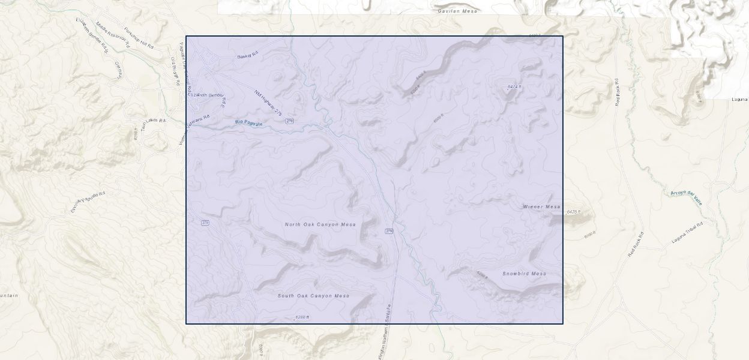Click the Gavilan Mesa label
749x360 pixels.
pyautogui.click(x=457, y=11)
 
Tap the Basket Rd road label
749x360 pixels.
pyautogui.click(x=247, y=55)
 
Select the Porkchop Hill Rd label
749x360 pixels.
pyautogui.click(x=139, y=38)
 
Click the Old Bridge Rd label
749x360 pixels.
pyautogui.click(x=175, y=71)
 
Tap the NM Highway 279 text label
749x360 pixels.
pyautogui.click(x=268, y=103)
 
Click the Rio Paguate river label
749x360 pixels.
pyautogui.click(x=248, y=122)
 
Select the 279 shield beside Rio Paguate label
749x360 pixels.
pyautogui.click(x=290, y=121)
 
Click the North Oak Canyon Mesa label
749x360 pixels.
pyautogui.click(x=320, y=224)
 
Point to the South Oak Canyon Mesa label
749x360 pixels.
pyautogui.click(x=313, y=296)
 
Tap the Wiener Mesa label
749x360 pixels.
pyautogui.click(x=541, y=207)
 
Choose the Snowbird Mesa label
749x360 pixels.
pyautogui.click(x=524, y=274)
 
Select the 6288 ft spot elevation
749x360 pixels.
pyautogui.click(x=302, y=317)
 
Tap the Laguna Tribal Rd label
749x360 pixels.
pyautogui.click(x=687, y=232)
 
